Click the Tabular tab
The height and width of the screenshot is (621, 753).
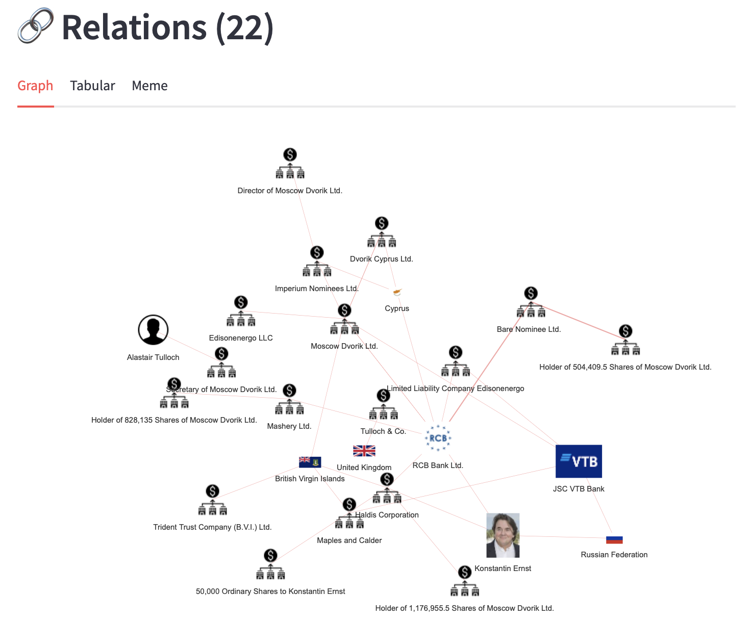[92, 86]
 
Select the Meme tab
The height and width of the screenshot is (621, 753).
[149, 86]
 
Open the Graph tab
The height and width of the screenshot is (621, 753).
[35, 86]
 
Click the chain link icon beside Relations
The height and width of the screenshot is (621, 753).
[35, 26]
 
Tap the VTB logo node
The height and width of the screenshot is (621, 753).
[579, 461]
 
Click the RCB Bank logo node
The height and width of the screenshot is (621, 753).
[438, 438]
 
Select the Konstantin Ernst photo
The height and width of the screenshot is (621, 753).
[503, 535]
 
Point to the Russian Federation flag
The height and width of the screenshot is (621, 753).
[614, 540]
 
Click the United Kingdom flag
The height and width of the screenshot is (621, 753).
[364, 451]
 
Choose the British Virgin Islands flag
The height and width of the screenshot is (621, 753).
[310, 462]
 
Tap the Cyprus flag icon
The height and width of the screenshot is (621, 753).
[397, 292]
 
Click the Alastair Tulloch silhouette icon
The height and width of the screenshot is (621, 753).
[153, 330]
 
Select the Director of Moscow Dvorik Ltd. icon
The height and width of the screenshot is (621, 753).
[290, 164]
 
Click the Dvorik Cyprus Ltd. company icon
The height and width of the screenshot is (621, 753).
[382, 232]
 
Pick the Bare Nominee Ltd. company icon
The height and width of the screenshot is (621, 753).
[531, 302]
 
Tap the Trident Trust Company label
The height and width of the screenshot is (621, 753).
[212, 527]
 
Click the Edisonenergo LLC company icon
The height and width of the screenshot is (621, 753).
[241, 312]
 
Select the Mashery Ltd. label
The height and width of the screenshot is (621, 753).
[289, 426]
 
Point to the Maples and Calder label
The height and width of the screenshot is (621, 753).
[349, 540]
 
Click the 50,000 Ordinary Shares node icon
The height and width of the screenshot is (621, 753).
[270, 564]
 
